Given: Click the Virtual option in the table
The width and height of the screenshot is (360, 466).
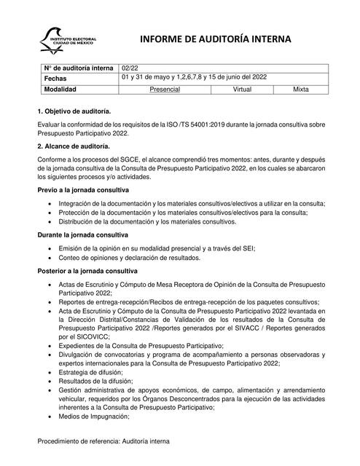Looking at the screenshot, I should pos(243,89).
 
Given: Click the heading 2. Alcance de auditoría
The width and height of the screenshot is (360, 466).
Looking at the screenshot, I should pos(74,146).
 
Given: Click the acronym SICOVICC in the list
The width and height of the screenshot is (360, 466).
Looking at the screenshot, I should pos(91,337).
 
